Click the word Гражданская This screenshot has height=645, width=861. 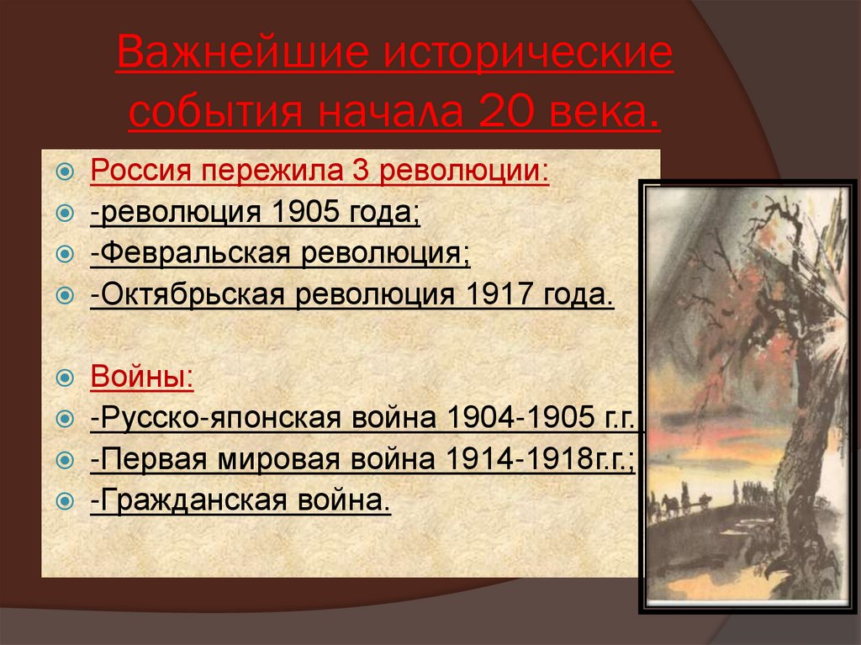[x=186, y=501]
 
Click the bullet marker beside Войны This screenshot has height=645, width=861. [x=65, y=378]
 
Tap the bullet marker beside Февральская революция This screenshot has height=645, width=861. [x=65, y=255]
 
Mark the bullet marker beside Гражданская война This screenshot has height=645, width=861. [x=65, y=502]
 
